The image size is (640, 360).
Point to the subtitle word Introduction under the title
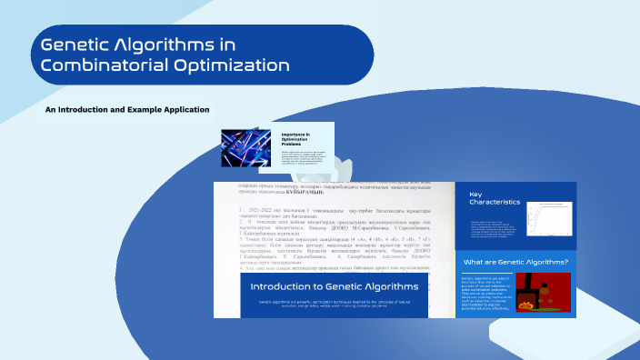83,110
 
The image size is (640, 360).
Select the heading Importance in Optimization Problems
295,137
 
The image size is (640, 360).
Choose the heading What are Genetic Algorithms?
515,262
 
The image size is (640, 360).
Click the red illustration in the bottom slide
547,291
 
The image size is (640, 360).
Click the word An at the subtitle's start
50,110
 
